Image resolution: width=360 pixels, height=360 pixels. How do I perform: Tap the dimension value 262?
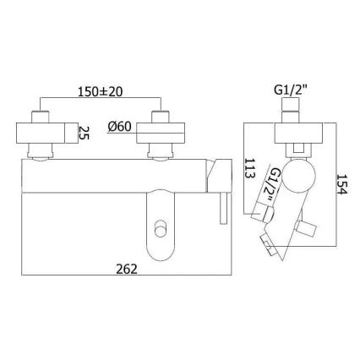pyautogui.click(x=123, y=268)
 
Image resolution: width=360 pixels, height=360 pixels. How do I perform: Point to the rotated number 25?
pyautogui.click(x=84, y=133)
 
